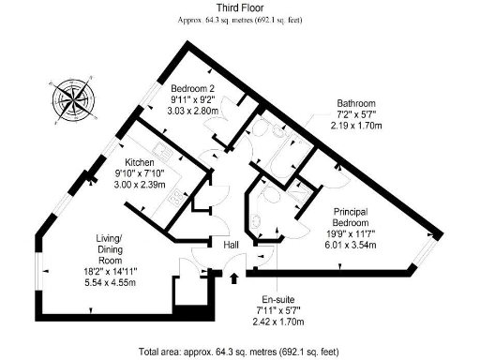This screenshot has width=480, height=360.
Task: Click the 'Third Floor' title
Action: coord(239,7)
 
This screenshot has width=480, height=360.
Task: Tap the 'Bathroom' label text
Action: coord(357,103)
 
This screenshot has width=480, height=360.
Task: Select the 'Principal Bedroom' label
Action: coord(349,217)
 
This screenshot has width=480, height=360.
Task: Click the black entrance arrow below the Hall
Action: coord(234,276)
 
